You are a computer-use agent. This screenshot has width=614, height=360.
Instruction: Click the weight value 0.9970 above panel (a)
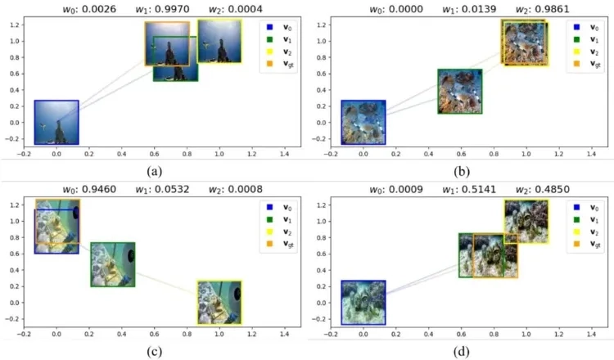point(173,9)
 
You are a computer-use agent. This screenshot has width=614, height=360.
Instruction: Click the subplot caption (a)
point(154,171)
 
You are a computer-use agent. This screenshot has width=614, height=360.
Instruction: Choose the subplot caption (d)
point(461,351)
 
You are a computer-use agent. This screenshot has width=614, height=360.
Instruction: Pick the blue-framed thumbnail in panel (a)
point(56,123)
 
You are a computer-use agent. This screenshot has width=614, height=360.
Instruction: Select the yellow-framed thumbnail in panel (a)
point(219,41)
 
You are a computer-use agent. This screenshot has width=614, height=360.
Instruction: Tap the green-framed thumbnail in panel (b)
point(460,92)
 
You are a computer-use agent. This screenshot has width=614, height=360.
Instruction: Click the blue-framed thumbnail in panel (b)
point(363,123)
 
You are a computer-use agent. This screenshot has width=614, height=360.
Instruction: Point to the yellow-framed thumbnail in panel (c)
point(219,303)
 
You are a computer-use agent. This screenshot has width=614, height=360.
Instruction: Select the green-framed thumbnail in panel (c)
point(113,264)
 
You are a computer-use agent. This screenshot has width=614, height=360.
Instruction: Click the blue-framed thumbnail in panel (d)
point(363,303)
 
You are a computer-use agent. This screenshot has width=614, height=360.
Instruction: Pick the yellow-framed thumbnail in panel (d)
point(526,222)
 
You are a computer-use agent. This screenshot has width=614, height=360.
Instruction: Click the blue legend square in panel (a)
point(269,27)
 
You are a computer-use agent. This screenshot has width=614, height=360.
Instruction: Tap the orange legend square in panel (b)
point(576,63)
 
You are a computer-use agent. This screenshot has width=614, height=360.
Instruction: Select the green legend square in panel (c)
point(269,219)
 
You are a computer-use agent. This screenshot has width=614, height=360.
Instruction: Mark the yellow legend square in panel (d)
point(576,232)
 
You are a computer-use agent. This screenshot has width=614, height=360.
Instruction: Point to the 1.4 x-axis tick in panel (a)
point(284,154)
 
